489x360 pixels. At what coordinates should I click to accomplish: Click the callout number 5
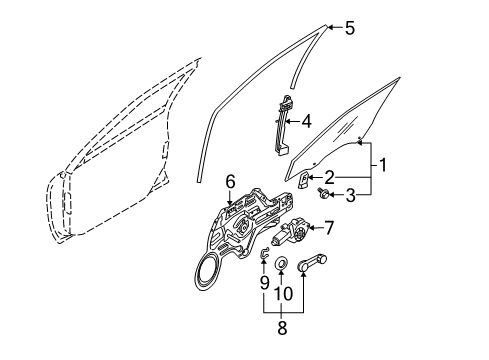coord(349,28)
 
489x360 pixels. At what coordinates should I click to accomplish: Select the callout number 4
coord(306,121)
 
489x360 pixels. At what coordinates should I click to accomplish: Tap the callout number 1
coord(383,165)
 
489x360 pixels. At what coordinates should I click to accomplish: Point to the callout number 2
coord(329,177)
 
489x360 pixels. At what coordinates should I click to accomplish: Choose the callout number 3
coord(350,195)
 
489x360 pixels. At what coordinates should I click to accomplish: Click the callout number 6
coord(230,182)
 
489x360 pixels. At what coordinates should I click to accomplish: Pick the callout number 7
coord(329,228)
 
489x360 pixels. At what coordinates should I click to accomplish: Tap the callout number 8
coord(282,328)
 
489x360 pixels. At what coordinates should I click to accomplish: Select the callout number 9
coord(264,283)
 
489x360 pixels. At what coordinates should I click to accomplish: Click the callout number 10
coord(283,293)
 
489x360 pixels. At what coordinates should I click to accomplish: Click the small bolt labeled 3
coord(323,193)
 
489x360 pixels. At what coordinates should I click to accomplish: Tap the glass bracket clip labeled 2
coord(304,180)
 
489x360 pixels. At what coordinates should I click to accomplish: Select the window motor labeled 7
coord(290,233)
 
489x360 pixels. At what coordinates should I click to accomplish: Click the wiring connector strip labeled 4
coord(281,126)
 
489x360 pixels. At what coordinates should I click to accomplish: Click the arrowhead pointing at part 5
coord(329,28)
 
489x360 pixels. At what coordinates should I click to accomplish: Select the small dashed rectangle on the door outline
coord(165,150)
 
